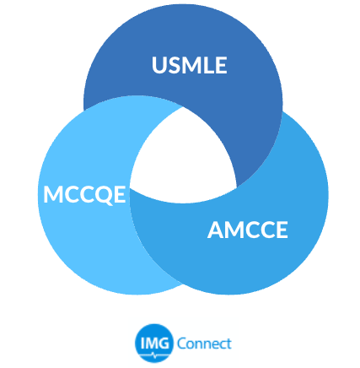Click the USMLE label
tap(190, 65)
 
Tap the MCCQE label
tap(84, 195)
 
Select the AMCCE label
tap(248, 230)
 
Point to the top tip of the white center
tap(183, 107)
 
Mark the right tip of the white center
tap(237, 187)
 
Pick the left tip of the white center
tap(130, 188)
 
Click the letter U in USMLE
tap(159, 65)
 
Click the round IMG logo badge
tap(153, 344)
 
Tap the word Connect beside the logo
tap(204, 344)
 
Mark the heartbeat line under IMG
tap(153, 354)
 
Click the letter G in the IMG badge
tap(164, 343)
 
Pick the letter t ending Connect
tap(228, 344)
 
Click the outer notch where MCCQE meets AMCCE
tap(183, 284)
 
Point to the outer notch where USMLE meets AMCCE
tap(282, 112)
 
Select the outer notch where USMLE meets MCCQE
tap(84, 110)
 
